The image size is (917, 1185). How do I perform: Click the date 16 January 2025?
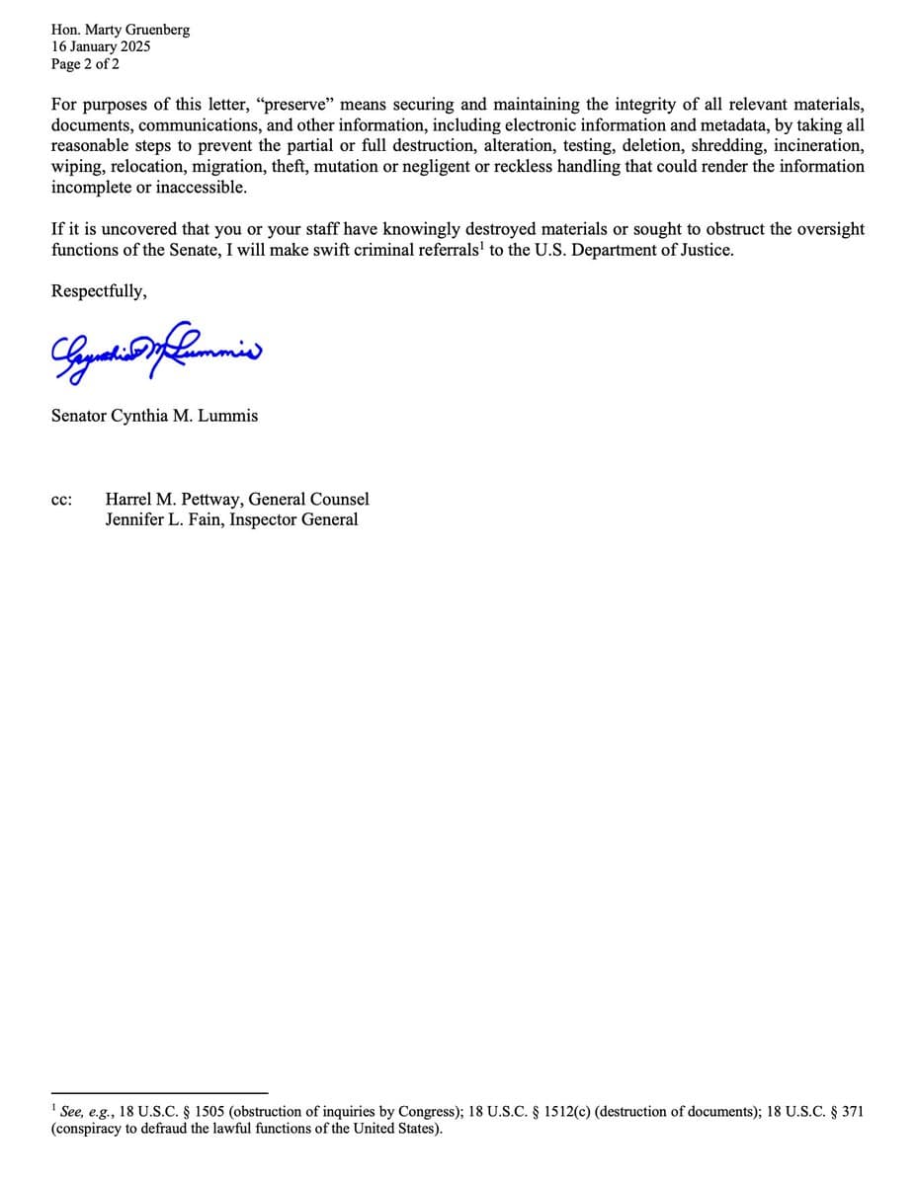101,46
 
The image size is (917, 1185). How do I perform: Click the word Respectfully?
99,291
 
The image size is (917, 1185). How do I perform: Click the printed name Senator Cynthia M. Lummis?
154,416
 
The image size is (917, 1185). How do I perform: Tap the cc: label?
61,500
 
